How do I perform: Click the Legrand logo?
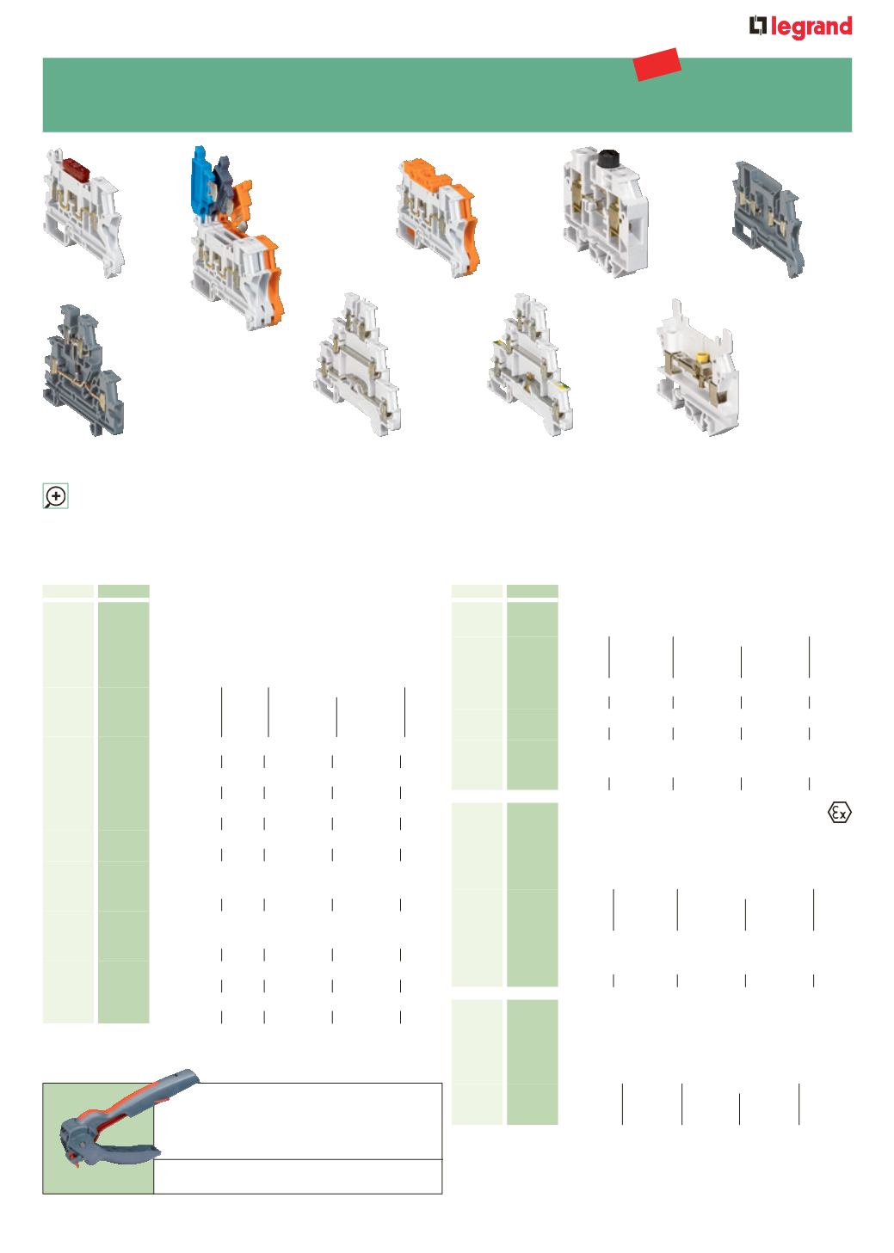click(800, 27)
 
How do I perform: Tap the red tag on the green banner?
click(657, 64)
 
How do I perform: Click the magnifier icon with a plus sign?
click(55, 496)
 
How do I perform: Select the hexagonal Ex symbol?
click(839, 812)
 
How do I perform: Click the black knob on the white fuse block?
click(607, 157)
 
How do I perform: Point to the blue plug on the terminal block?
click(200, 179)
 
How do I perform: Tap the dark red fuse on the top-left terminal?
click(76, 165)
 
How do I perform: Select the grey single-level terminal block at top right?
click(768, 218)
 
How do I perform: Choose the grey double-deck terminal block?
click(83, 370)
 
